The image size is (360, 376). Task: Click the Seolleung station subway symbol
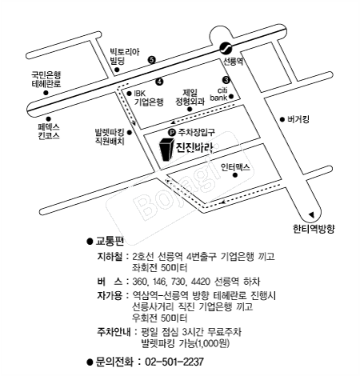226,48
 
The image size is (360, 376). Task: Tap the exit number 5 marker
152,60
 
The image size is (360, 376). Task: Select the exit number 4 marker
159,82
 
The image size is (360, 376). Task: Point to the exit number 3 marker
226,80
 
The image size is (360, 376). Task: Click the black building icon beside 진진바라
166,150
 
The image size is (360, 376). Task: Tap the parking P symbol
172,132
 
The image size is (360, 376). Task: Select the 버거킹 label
298,119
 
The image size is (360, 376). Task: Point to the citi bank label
219,94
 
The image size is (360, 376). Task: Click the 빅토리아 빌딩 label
125,56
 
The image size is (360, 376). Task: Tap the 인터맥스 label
235,167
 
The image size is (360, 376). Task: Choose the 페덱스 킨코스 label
49,131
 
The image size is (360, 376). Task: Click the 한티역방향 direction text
314,229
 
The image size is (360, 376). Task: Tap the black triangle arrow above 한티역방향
311,214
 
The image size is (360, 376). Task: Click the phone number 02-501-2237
174,362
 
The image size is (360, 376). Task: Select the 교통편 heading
110,241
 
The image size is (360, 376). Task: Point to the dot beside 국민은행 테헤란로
46,93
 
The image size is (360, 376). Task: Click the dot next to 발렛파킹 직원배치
130,132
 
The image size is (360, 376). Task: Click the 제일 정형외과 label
190,97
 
